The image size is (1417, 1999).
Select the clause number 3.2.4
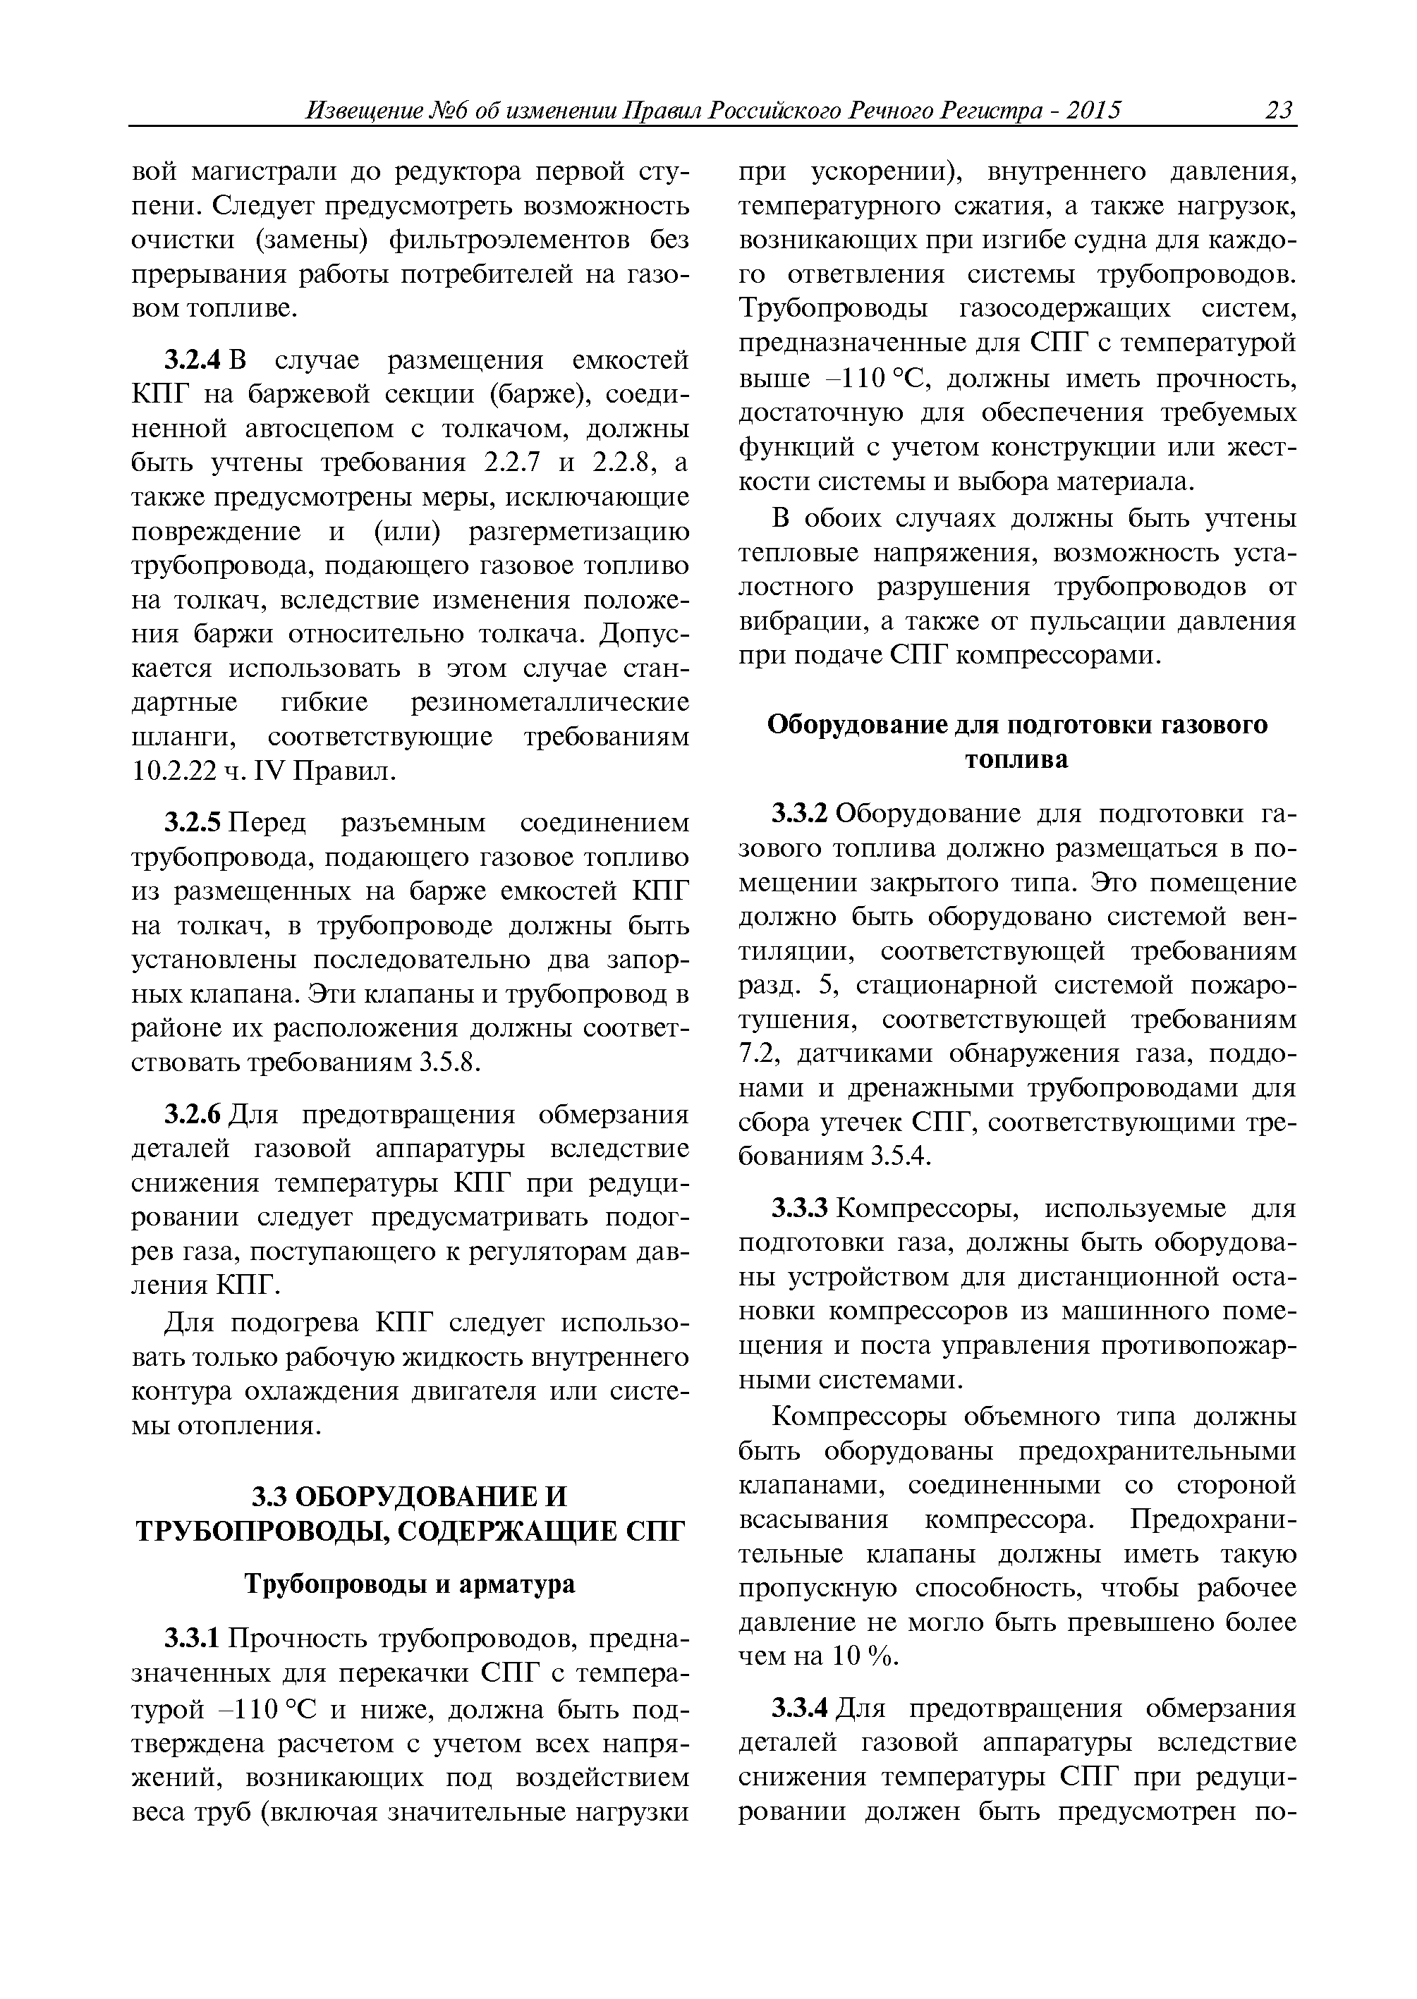pos(195,360)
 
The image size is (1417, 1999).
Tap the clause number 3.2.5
pos(195,822)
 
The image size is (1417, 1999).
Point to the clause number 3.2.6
pos(195,1115)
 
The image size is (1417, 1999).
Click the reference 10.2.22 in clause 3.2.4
pos(174,771)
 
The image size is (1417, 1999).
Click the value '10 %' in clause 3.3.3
pos(865,1656)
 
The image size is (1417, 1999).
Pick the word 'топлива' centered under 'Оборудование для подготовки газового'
pos(1016,759)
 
